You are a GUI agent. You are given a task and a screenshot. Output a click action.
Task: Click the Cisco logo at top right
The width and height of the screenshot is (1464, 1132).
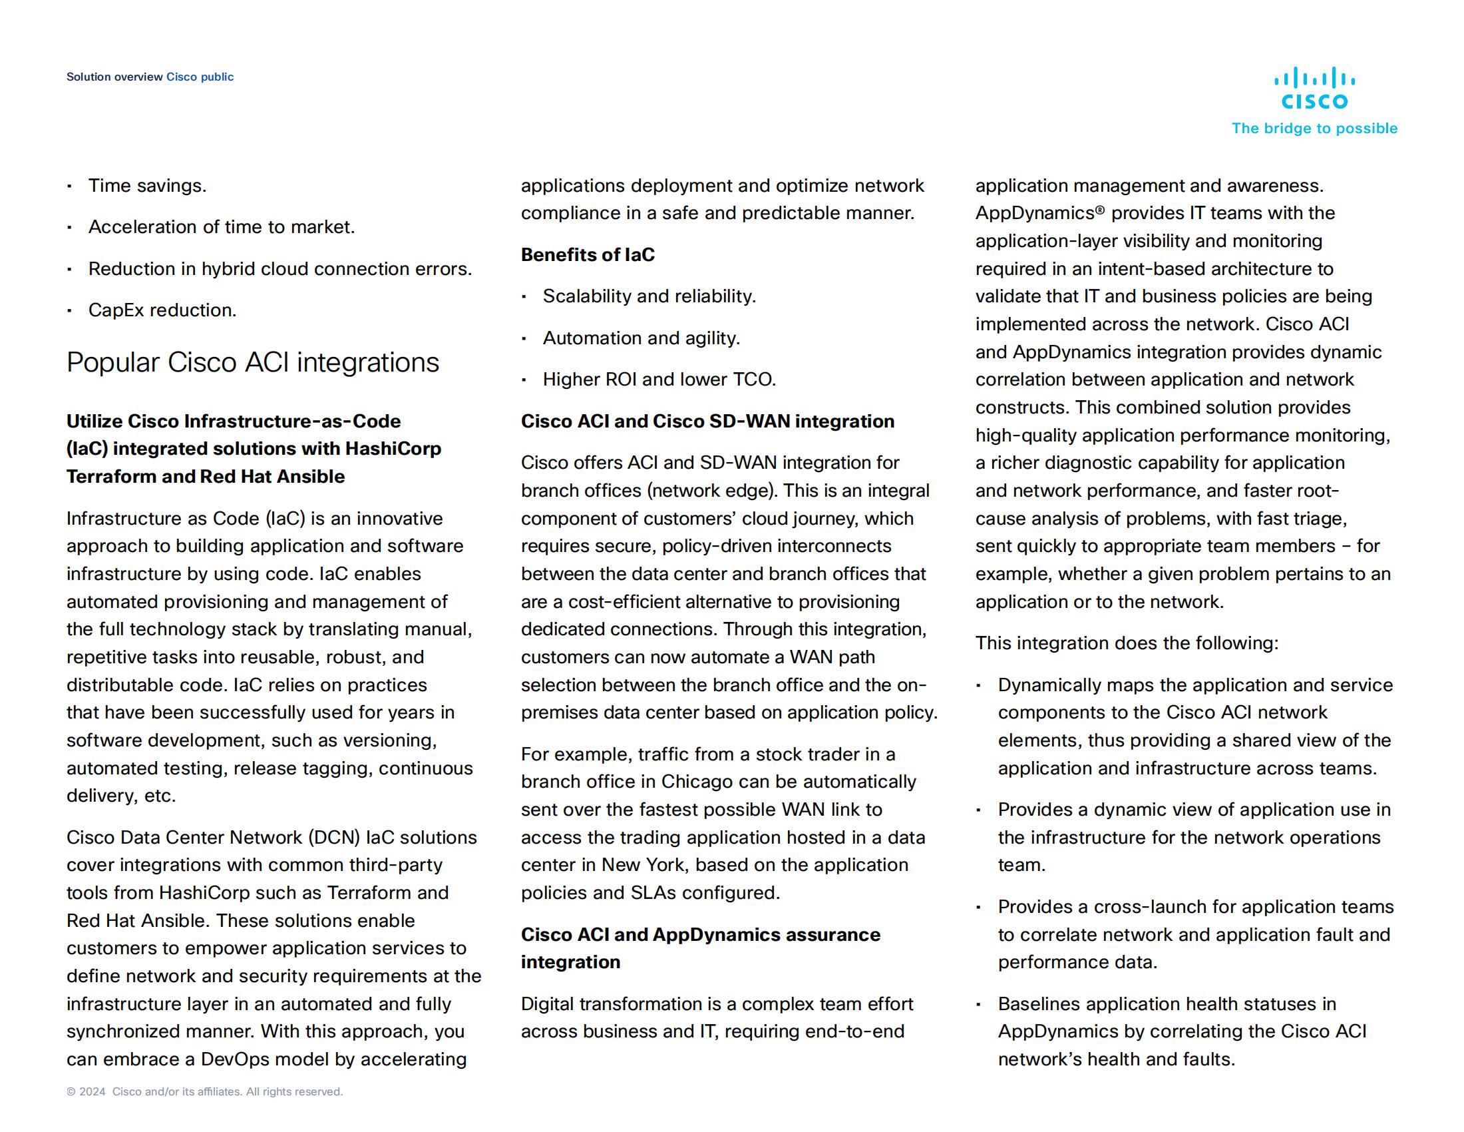click(1314, 88)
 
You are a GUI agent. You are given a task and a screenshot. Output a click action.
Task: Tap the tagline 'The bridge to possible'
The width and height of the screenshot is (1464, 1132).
click(1314, 129)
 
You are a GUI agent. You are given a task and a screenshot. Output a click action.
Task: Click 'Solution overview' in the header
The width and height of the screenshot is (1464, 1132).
click(114, 77)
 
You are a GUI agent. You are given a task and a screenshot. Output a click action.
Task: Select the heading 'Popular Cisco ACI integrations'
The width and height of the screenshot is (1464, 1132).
click(253, 363)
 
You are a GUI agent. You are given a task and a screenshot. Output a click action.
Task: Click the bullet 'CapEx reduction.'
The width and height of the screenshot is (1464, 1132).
click(162, 310)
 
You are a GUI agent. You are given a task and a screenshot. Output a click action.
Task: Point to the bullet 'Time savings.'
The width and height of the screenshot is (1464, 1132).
click(148, 186)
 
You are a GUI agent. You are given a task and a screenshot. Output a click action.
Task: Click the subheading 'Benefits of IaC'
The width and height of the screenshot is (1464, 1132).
click(587, 255)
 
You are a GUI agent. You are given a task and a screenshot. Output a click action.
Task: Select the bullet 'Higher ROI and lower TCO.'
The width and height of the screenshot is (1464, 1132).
click(659, 380)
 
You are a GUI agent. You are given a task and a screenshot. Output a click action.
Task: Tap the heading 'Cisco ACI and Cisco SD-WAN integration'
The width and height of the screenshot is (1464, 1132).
click(707, 421)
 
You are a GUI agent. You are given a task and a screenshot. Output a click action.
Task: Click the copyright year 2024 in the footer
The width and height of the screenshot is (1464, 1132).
click(92, 1092)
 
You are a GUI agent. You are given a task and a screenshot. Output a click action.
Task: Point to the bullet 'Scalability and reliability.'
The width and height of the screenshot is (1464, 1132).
click(649, 296)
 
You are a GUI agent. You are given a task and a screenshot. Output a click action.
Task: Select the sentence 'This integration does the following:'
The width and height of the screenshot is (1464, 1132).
click(1126, 643)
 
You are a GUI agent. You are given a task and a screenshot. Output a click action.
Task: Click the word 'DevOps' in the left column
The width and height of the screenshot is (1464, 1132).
click(235, 1059)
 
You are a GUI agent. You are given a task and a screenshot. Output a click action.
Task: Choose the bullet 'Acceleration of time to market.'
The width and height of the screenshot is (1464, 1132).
click(221, 227)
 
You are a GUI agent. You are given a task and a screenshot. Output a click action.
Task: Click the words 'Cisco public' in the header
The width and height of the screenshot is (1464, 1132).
click(200, 77)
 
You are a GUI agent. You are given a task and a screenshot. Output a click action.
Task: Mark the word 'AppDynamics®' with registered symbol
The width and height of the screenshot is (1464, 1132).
click(1039, 213)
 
